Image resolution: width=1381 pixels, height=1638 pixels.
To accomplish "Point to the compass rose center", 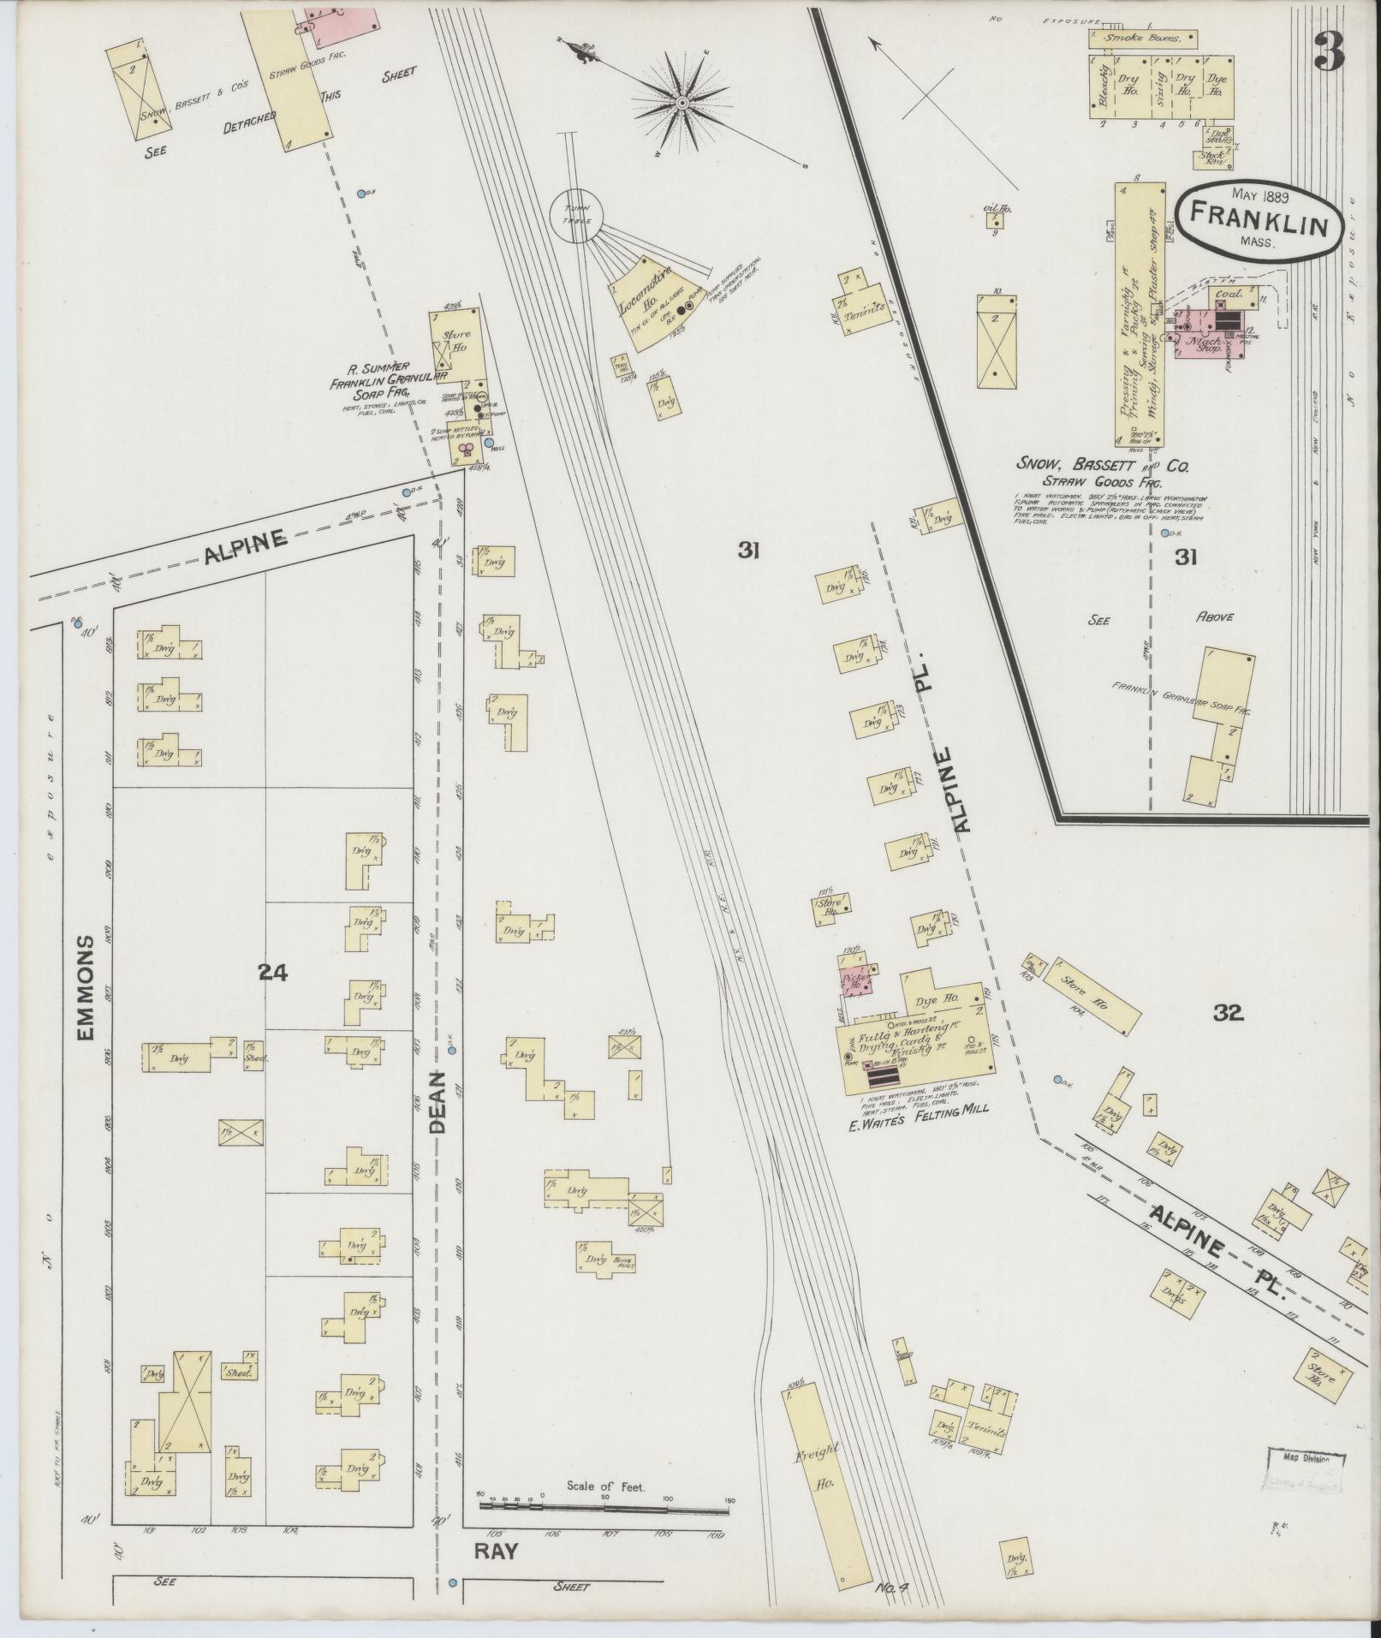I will point(682,104).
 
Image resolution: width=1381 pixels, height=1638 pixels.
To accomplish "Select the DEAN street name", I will point(438,1104).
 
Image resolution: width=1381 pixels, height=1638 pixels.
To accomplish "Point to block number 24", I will point(272,972).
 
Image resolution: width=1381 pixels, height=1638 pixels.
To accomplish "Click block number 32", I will point(1228,1014).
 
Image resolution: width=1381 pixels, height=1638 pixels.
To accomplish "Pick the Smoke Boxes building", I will point(1142,39).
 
